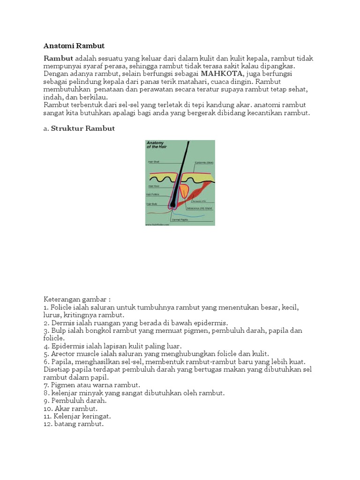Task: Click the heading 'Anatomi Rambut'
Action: pyautogui.click(x=74, y=46)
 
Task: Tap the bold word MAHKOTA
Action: pyautogui.click(x=222, y=74)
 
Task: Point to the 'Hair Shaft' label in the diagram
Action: pyautogui.click(x=154, y=162)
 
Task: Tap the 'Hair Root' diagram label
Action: pyautogui.click(x=153, y=186)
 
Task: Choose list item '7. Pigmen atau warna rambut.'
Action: pyautogui.click(x=92, y=385)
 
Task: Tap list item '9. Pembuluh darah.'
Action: pyautogui.click(x=75, y=401)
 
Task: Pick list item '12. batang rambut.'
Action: pyautogui.click(x=73, y=424)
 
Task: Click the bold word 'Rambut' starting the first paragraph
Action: pyautogui.click(x=59, y=59)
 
